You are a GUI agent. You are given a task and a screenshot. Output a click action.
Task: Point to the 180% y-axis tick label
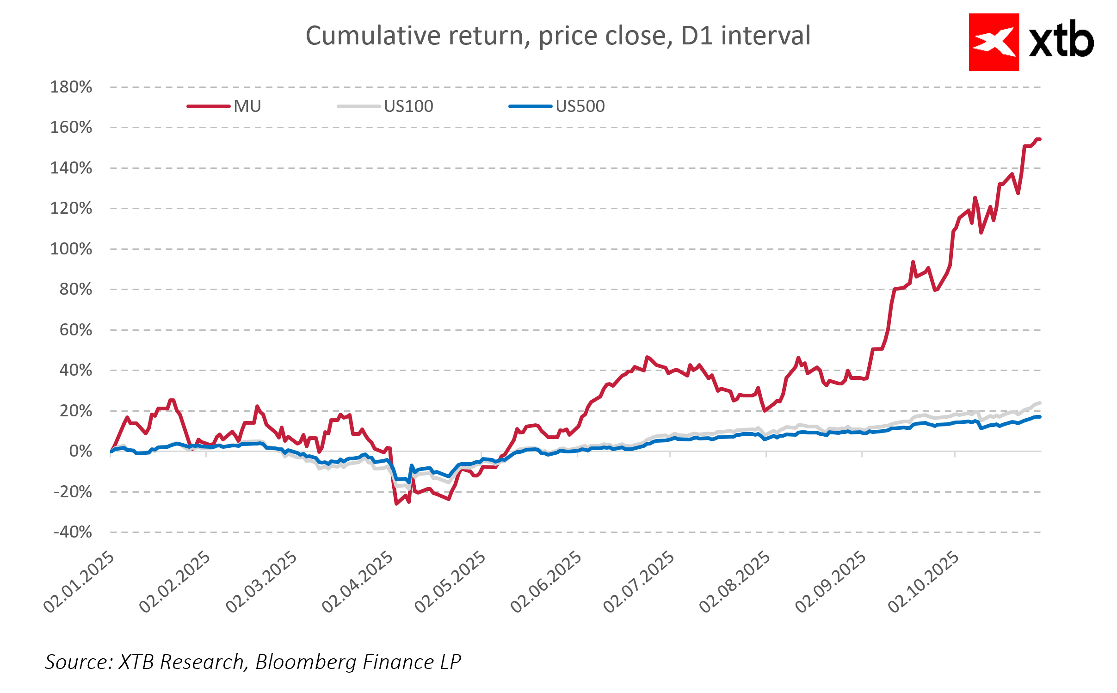click(x=71, y=87)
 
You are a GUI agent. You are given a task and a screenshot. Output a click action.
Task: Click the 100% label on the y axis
click(x=71, y=249)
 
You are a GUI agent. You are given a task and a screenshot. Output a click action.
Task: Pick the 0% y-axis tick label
click(x=80, y=451)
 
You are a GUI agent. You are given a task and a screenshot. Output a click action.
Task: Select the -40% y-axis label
click(x=73, y=532)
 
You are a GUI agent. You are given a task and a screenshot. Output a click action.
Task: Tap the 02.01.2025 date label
click(x=79, y=582)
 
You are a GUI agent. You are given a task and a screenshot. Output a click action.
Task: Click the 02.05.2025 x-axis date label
click(x=451, y=582)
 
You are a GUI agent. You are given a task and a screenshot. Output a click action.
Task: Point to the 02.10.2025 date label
click(x=924, y=582)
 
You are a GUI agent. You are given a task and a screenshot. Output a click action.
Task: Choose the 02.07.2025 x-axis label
click(x=639, y=582)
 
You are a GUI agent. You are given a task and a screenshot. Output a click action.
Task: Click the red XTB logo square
click(x=994, y=42)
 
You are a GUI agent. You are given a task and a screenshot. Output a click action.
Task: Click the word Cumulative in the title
click(x=373, y=36)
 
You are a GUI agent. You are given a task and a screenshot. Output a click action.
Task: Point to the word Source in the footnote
click(x=78, y=662)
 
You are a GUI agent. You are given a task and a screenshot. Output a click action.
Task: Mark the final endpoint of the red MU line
click(x=1039, y=139)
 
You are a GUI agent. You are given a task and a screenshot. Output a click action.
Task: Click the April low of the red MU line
click(x=396, y=503)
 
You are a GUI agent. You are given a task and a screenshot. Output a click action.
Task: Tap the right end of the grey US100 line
click(x=1039, y=403)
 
